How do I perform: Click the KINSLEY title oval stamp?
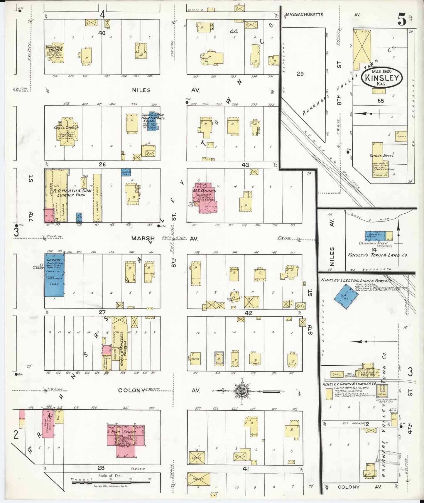pyautogui.click(x=382, y=77)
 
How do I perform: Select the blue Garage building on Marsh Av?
pyautogui.click(x=54, y=275)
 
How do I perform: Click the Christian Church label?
pyautogui.click(x=55, y=48)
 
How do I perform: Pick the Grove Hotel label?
pyautogui.click(x=381, y=156)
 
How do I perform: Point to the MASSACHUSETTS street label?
pyautogui.click(x=304, y=14)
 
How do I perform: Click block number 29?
pyautogui.click(x=300, y=74)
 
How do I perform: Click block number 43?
pyautogui.click(x=245, y=165)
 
